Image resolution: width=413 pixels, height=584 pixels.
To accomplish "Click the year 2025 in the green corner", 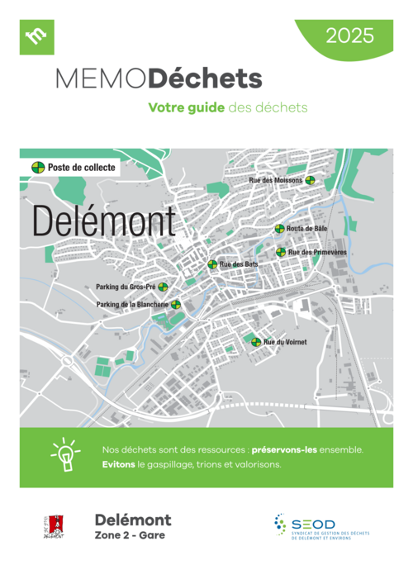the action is (349, 36).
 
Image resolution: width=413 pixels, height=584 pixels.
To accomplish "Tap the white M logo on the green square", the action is (36, 37).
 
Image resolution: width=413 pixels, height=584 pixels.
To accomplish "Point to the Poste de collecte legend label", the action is (81, 167).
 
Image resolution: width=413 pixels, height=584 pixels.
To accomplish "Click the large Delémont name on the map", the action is (104, 222).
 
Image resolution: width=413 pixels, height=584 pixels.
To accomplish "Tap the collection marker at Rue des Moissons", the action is (310, 180).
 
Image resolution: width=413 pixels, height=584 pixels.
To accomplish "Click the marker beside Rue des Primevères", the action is (281, 252).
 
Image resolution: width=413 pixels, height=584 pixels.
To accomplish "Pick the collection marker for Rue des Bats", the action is (212, 264).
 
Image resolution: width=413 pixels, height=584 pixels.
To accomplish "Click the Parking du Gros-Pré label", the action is (126, 287).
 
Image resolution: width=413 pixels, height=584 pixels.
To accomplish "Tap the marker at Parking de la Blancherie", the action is (176, 305).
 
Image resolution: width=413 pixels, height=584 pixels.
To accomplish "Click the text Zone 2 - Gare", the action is (130, 535).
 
